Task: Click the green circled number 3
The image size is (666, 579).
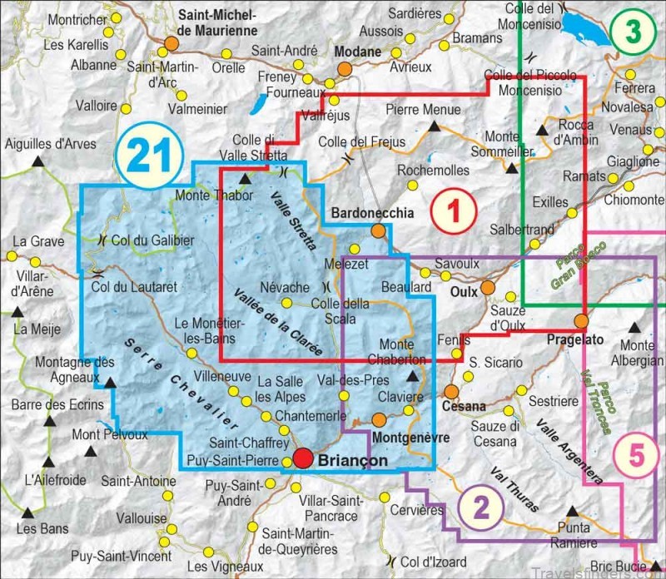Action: [x=634, y=32]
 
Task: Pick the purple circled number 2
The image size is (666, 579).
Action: [x=479, y=506]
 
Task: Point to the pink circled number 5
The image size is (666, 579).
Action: [x=637, y=456]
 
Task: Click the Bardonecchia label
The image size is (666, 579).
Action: [x=372, y=214]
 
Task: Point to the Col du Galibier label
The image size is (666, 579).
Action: [x=153, y=240]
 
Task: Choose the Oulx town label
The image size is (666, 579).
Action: [x=464, y=292]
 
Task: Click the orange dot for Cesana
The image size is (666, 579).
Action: [x=451, y=391]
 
